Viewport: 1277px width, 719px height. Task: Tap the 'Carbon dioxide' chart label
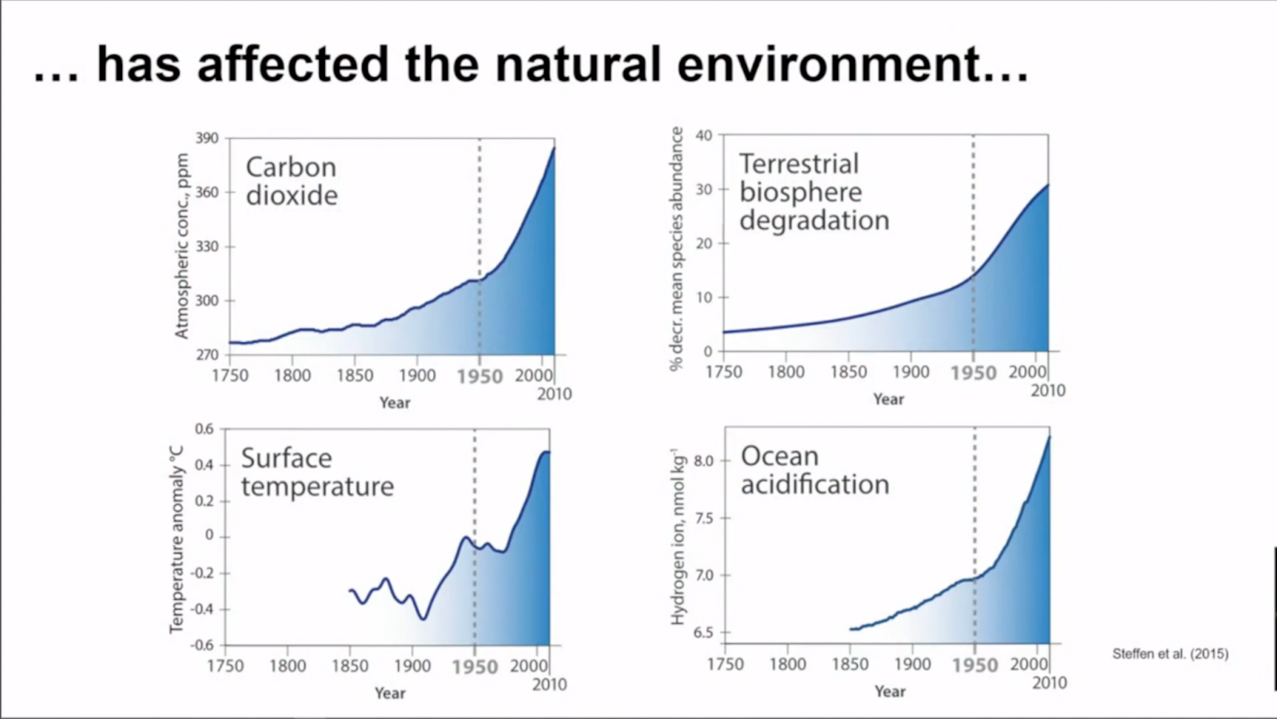(291, 181)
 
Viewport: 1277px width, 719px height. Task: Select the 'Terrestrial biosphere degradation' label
(813, 192)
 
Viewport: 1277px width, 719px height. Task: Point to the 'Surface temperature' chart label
(317, 472)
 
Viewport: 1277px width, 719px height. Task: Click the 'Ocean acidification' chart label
(814, 470)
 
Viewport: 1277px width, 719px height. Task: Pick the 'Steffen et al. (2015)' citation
(1170, 654)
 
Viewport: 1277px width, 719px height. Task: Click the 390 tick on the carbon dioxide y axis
(207, 138)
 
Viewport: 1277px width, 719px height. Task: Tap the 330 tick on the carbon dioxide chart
(207, 247)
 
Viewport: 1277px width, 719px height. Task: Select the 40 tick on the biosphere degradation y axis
(703, 136)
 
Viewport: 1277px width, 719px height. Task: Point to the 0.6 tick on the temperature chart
(204, 429)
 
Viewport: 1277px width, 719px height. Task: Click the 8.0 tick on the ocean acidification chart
(703, 461)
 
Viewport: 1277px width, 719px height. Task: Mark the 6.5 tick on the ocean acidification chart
(703, 633)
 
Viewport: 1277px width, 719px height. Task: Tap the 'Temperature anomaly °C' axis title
(176, 539)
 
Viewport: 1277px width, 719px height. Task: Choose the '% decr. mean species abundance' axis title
(677, 248)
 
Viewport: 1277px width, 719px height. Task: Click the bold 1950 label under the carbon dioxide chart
(480, 377)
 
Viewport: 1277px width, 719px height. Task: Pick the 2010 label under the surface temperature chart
(549, 685)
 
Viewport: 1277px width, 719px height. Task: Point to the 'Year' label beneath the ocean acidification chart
(890, 691)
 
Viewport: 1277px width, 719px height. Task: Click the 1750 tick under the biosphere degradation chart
(724, 372)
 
